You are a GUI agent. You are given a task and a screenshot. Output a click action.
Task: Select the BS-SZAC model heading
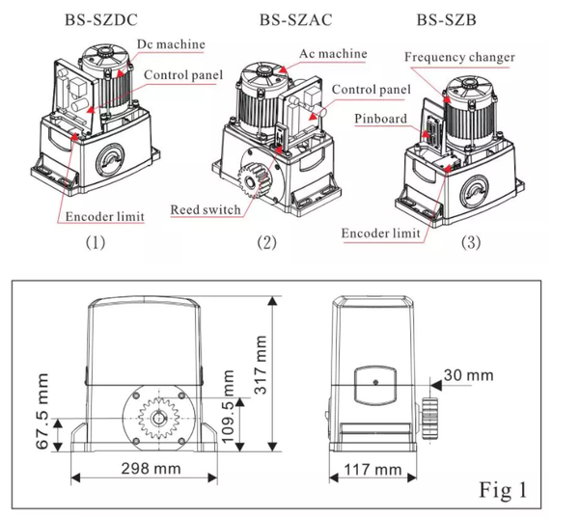pyautogui.click(x=293, y=18)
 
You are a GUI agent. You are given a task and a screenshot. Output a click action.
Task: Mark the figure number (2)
pyautogui.click(x=266, y=242)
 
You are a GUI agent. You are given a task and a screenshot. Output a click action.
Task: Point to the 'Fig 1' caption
pyautogui.click(x=505, y=489)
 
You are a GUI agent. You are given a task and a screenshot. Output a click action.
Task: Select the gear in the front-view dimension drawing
pyautogui.click(x=158, y=420)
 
